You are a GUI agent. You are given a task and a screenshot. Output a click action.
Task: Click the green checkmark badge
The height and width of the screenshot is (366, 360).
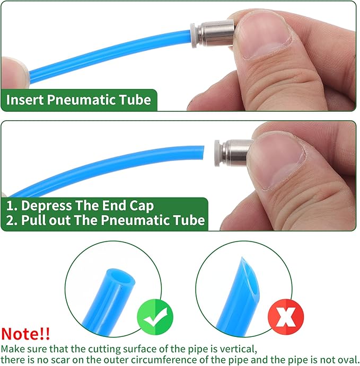(155, 317)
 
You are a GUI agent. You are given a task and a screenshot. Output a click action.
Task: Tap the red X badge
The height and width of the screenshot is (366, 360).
(286, 317)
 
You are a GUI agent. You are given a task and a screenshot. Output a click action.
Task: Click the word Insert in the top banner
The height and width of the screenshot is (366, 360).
(25, 100)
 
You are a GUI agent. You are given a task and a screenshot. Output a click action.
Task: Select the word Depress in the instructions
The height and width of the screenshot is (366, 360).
(47, 206)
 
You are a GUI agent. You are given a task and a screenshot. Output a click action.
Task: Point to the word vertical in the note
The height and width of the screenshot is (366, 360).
(238, 349)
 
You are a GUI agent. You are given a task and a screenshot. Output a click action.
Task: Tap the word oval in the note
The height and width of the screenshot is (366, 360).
(346, 360)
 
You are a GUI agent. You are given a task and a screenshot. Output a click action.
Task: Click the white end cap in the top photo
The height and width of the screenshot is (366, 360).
(194, 35)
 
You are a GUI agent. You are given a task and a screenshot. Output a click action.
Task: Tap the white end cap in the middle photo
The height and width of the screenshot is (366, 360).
(217, 153)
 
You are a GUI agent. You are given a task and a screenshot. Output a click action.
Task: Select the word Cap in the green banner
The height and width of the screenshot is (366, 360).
(142, 206)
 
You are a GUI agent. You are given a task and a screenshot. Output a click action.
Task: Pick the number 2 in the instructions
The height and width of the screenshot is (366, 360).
(10, 220)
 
